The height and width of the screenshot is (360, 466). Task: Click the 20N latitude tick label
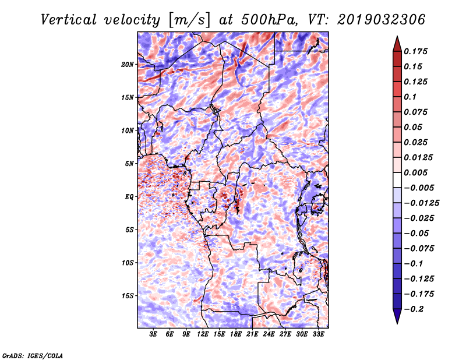pos(128,65)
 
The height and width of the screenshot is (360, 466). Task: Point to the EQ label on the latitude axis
pos(129,197)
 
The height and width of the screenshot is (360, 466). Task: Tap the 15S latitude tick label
pos(128,296)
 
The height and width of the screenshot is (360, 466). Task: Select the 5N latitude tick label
pos(129,164)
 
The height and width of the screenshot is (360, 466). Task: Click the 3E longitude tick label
pos(153,334)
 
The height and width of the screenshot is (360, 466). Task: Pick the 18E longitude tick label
pos(236,334)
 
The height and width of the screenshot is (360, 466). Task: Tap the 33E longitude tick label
pos(318,334)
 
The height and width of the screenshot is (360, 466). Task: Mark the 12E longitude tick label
pos(203,334)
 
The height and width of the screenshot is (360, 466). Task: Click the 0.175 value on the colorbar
pos(415,51)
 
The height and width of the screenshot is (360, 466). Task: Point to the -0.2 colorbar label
pos(414,309)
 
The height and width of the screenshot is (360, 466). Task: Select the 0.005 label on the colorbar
pos(415,172)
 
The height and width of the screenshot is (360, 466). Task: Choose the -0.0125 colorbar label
pos(421,203)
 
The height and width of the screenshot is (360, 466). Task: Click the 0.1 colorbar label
pos(410,97)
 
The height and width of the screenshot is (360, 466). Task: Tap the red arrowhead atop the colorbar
pos(397,44)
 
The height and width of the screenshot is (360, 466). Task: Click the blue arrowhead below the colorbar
pos(397,316)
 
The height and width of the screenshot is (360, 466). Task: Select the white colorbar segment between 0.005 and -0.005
pos(397,180)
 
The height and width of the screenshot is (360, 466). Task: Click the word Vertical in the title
pos(69,20)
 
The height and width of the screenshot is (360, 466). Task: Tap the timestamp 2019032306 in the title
pos(382,20)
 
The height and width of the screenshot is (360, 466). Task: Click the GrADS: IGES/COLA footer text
pos(33,356)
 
